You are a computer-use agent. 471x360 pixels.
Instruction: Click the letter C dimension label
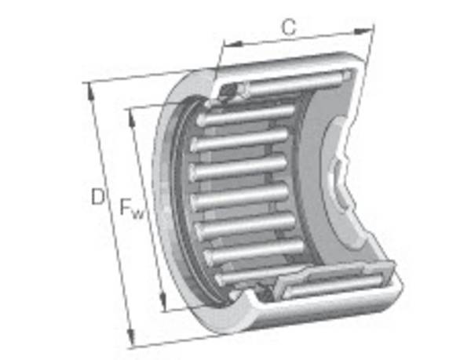tap(289, 27)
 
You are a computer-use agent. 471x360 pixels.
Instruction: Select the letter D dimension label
tap(97, 197)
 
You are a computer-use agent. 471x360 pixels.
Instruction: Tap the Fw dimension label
tap(131, 208)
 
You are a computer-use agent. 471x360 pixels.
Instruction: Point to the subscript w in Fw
tap(138, 213)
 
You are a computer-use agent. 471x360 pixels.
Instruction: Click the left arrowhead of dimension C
tap(233, 45)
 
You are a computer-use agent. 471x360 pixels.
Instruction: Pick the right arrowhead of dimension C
tap(363, 31)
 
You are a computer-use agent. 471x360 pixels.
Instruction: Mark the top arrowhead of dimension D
tap(90, 92)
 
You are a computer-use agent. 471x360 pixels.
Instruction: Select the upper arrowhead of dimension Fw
tap(132, 118)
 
